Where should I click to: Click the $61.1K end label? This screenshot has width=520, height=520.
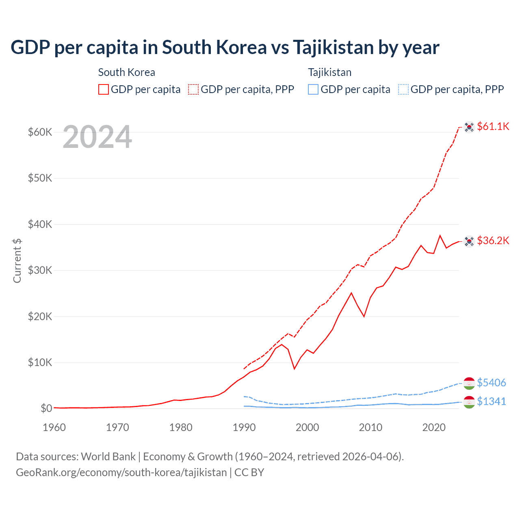(x=493, y=126)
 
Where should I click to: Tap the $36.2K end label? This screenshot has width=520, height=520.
(x=493, y=240)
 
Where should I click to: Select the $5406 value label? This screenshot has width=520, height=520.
(x=491, y=383)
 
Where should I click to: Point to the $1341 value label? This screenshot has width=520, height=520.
(x=491, y=401)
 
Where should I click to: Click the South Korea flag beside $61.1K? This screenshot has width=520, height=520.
(x=469, y=127)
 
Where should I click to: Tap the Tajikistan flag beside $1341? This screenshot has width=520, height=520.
(x=469, y=402)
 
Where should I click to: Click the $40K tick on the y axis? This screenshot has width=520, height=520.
(x=40, y=224)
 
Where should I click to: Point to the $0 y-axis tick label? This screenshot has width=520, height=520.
(x=46, y=408)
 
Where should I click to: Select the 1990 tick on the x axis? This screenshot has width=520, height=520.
(x=244, y=427)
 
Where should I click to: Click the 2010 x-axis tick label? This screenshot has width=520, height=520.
(x=370, y=427)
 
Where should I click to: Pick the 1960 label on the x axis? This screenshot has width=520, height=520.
(x=54, y=427)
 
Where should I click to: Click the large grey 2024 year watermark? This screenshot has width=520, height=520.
(x=97, y=137)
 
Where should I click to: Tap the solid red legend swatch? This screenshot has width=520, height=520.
(x=104, y=89)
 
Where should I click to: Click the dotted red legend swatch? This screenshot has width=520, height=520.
(x=193, y=89)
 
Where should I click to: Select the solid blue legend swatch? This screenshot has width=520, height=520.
(x=313, y=89)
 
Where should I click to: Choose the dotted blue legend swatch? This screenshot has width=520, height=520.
(x=403, y=89)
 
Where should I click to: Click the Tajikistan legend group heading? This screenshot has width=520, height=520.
(x=329, y=72)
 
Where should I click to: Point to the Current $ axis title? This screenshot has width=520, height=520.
(x=17, y=260)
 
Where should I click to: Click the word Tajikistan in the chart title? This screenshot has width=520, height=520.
(x=333, y=48)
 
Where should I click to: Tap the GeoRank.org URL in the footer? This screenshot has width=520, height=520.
(x=121, y=472)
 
